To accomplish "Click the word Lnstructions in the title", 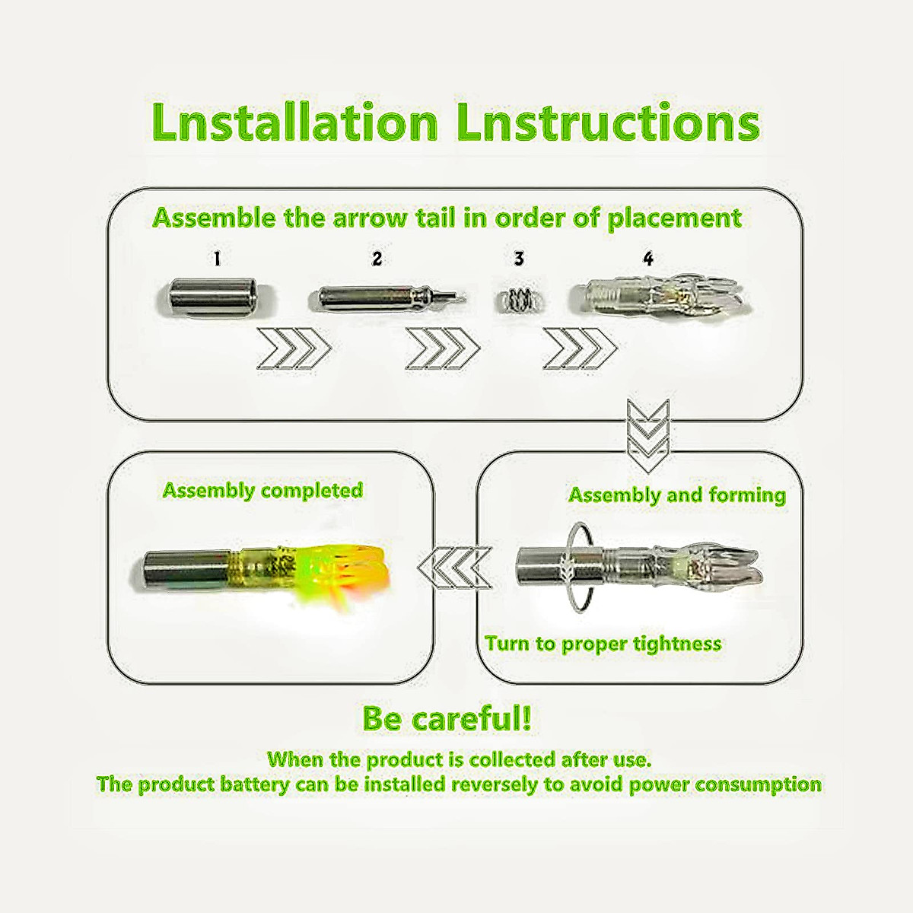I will [x=609, y=122].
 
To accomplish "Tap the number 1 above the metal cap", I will [x=217, y=259].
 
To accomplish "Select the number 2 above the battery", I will [x=377, y=259].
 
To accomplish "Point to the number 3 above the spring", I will [x=519, y=259].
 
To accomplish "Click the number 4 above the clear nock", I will [x=647, y=259].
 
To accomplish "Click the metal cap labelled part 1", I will [x=211, y=298].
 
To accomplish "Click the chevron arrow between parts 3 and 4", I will [x=580, y=351].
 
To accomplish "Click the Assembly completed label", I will [x=262, y=491].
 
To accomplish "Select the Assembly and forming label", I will [x=677, y=495].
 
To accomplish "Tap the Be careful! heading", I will [x=447, y=718].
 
